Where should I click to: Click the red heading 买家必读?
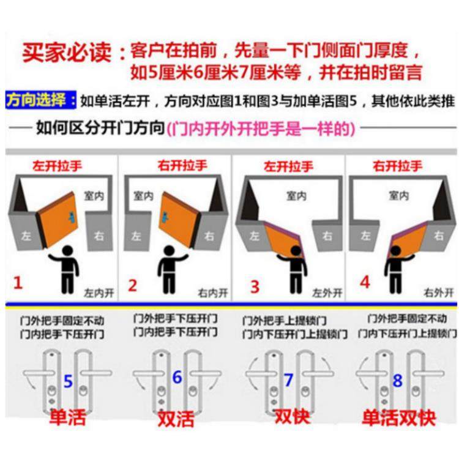[67, 51]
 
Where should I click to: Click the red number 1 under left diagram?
[18, 283]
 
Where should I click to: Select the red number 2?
[132, 284]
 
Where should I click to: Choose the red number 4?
[365, 283]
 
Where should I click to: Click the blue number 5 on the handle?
[68, 381]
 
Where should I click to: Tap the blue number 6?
[177, 378]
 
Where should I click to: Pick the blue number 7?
[288, 379]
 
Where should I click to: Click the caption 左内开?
[99, 293]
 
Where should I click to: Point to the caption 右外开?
[436, 293]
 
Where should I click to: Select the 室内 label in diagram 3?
[297, 196]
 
